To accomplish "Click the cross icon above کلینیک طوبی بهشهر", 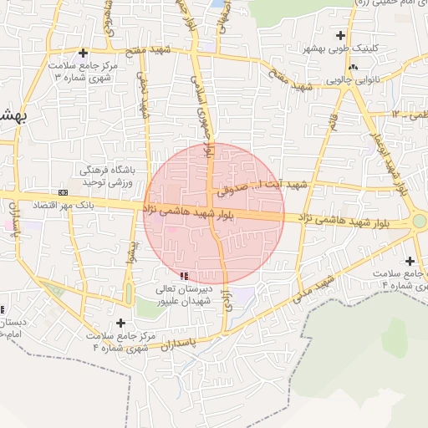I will [339, 35].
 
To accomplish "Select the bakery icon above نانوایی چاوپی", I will [354, 67].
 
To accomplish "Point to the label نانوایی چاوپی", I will [356, 79].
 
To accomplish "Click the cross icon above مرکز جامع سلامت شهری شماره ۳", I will [83, 53].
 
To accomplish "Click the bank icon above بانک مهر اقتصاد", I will [64, 192].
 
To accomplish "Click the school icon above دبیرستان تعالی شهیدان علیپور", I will [183, 276].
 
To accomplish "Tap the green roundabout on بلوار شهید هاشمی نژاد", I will [419, 221].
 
